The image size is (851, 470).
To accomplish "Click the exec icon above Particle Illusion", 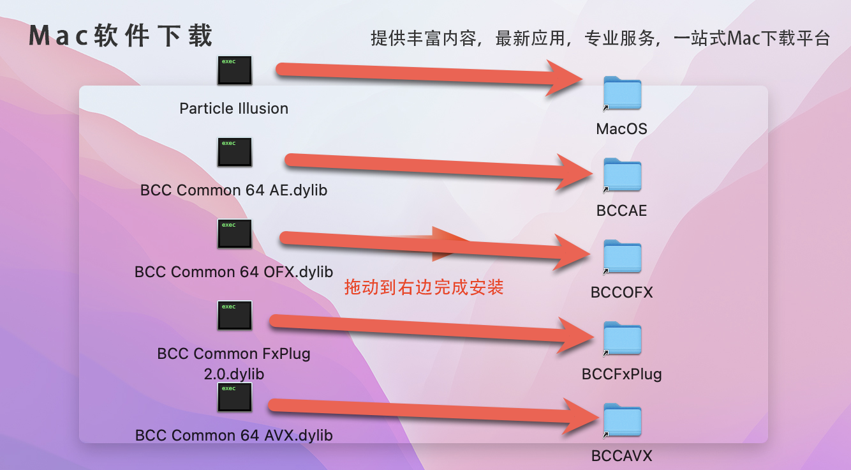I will coord(235,70).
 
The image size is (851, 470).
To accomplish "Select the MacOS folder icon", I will coord(622,93).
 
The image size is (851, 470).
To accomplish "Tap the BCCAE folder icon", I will coord(622,175).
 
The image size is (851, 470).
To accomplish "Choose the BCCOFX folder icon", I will coord(622,257).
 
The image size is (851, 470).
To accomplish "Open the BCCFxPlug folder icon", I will coord(622,338).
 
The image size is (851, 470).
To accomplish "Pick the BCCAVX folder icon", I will coord(622,420).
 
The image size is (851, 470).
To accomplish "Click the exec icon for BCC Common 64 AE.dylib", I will coord(235,152).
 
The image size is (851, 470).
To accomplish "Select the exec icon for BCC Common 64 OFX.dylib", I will coord(235,234).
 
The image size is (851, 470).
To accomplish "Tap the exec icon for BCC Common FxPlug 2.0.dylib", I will coord(235,315).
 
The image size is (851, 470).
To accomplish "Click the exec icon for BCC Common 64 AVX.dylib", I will coord(235,397).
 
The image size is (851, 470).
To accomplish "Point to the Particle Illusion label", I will coord(234,109).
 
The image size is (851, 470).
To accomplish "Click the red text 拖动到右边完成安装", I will coord(424,287).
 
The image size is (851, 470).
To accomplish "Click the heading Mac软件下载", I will coord(121,36).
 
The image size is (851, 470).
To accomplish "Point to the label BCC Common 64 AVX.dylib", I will coord(234,436).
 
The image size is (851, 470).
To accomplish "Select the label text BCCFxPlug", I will coord(622,374).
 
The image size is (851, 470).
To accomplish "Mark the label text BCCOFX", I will coord(622,292).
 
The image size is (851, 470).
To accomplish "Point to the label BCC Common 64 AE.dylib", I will coord(234,190).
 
